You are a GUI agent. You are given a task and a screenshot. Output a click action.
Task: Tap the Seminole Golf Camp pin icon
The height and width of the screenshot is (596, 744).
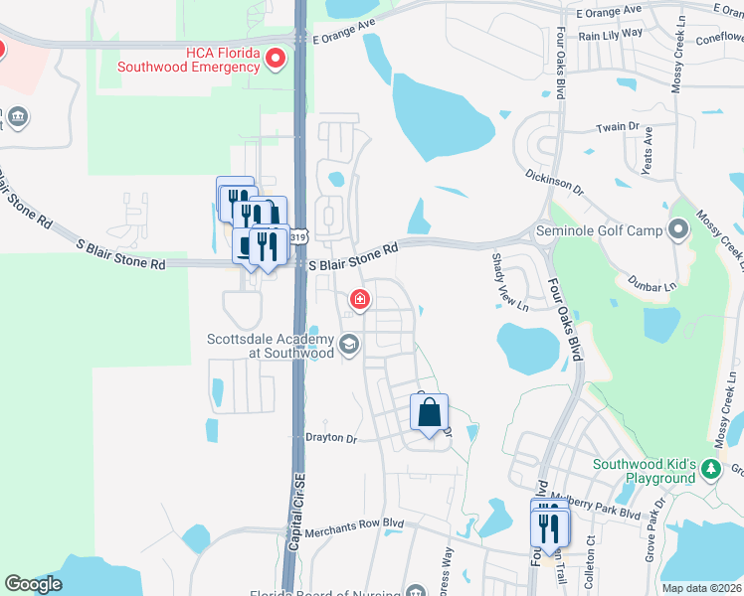679,230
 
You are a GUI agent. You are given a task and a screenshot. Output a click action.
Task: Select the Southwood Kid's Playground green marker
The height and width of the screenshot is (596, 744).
710,468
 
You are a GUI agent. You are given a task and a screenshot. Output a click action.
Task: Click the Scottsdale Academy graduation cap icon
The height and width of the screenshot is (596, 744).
348,345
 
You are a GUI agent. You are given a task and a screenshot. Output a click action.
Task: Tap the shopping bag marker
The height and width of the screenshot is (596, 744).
430,413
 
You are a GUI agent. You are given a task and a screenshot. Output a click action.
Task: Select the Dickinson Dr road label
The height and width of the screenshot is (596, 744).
554,179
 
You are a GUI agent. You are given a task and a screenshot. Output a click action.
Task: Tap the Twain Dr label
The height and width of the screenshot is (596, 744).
618,127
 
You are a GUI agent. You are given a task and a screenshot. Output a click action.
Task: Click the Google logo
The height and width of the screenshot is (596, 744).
34,584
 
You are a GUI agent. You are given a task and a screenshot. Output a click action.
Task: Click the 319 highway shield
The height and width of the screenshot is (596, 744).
297,236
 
